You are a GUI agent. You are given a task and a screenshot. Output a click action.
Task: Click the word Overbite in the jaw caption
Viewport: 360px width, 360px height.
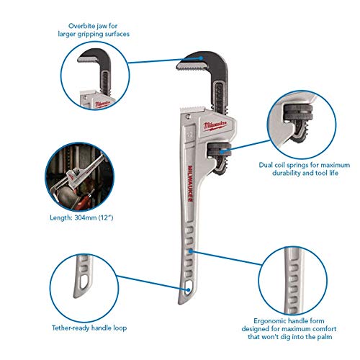click(81, 26)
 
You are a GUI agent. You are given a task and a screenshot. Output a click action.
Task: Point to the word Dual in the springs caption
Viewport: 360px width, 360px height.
click(266, 165)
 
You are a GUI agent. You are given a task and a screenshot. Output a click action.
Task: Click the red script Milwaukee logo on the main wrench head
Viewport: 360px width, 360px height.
click(215, 125)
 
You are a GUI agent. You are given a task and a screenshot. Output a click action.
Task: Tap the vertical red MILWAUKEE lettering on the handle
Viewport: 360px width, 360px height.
click(190, 183)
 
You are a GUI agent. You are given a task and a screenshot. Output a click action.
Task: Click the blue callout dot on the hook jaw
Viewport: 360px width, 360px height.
click(201, 58)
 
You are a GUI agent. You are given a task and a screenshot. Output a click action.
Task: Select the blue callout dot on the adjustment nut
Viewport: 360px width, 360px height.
click(222, 151)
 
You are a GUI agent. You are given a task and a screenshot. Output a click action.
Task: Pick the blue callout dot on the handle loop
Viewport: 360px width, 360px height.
click(188, 290)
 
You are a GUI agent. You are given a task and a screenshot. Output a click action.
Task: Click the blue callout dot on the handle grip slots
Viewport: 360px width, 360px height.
click(190, 251)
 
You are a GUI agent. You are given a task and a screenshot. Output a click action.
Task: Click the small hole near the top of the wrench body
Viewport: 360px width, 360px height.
click(188, 117)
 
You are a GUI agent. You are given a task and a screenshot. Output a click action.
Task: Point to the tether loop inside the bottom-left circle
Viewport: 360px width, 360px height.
click(84, 282)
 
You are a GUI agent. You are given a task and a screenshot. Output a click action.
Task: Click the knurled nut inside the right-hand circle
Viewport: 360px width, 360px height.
click(299, 112)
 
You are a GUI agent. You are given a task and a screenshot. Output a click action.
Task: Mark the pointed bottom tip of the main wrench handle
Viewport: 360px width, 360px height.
click(179, 304)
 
